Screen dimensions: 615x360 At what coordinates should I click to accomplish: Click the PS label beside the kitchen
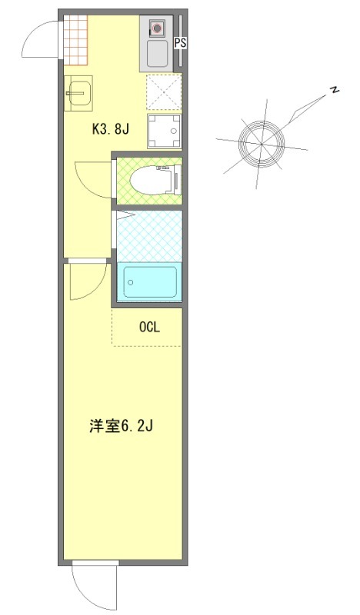(x=180, y=44)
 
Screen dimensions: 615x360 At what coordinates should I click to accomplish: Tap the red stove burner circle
(x=158, y=30)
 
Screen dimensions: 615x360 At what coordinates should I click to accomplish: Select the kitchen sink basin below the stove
(x=158, y=55)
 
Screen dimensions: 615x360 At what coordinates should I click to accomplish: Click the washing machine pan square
(x=164, y=131)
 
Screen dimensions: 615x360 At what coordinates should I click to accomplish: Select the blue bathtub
(x=149, y=282)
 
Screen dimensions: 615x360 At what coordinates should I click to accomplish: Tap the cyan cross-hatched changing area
(x=149, y=236)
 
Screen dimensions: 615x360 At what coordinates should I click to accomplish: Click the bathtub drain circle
(x=130, y=283)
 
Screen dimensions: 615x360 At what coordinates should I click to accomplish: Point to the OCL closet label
(x=148, y=327)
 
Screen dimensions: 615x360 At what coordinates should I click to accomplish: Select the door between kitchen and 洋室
(x=86, y=281)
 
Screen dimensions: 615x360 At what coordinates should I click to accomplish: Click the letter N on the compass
(x=335, y=91)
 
